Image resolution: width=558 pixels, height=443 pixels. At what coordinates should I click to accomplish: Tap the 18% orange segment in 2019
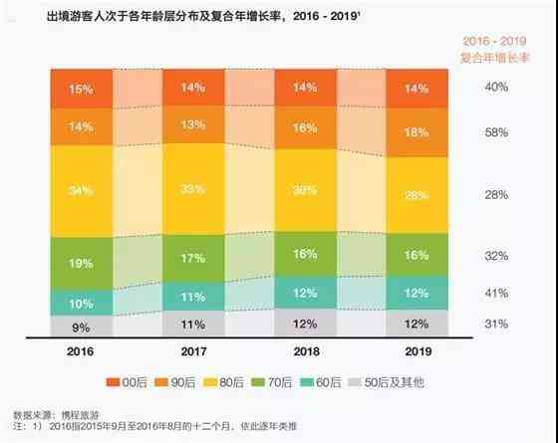point(417,133)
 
